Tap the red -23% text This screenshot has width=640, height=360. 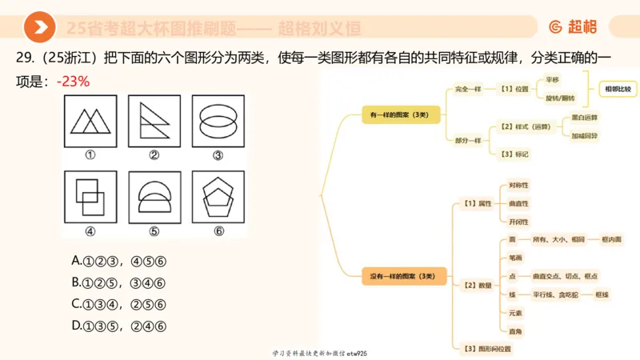[x=73, y=82]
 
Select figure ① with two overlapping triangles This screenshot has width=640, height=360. [x=90, y=122]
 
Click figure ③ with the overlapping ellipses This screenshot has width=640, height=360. [x=218, y=122]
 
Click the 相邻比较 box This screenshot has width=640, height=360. [x=617, y=89]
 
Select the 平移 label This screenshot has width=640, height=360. [x=552, y=79]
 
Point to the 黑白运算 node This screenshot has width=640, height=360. [x=584, y=117]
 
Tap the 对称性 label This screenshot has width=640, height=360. [x=518, y=186]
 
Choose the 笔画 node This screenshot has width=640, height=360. [x=516, y=258]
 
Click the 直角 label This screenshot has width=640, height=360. [x=516, y=330]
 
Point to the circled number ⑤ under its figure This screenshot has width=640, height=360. [x=154, y=232]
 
